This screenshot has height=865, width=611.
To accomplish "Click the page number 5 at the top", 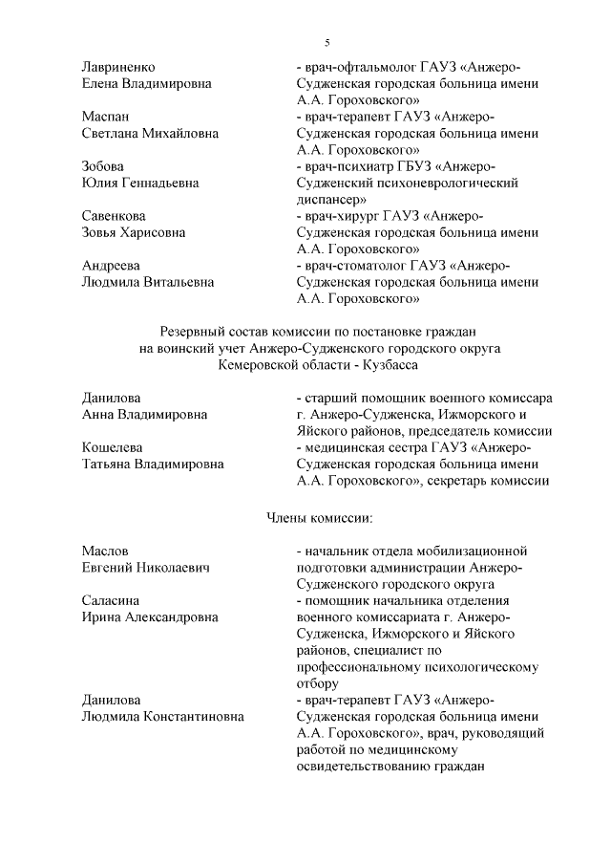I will [x=327, y=43].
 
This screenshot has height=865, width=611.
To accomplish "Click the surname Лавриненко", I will [x=118, y=66].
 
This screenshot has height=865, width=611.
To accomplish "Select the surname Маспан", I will [x=106, y=117].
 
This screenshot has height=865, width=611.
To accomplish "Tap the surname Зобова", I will [x=104, y=166].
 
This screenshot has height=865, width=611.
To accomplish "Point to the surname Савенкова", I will [x=114, y=216].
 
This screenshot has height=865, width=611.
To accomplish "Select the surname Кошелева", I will [x=114, y=447].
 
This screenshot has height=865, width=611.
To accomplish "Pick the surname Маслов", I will [x=105, y=551].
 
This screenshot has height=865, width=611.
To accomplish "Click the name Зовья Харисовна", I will [x=134, y=232].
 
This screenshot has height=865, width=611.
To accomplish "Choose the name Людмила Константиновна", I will [x=162, y=716].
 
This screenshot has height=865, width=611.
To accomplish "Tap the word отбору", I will [x=318, y=683].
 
